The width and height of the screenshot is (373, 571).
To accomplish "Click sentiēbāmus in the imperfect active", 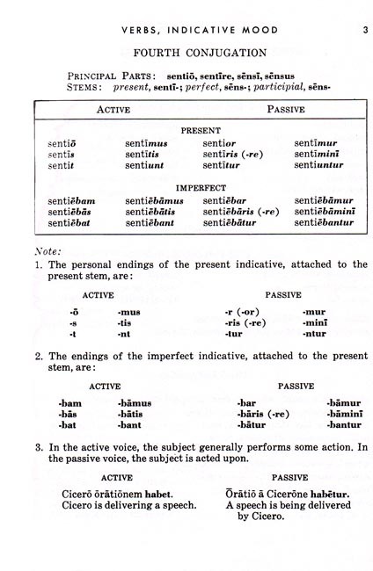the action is tap(159, 200).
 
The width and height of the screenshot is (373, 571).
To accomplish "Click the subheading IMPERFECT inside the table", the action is tap(201, 187).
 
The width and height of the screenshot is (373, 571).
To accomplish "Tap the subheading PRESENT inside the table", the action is tap(201, 130).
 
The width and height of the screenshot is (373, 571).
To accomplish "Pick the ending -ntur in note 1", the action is tap(316, 334).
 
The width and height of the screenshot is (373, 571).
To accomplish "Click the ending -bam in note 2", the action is tap(70, 402).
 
